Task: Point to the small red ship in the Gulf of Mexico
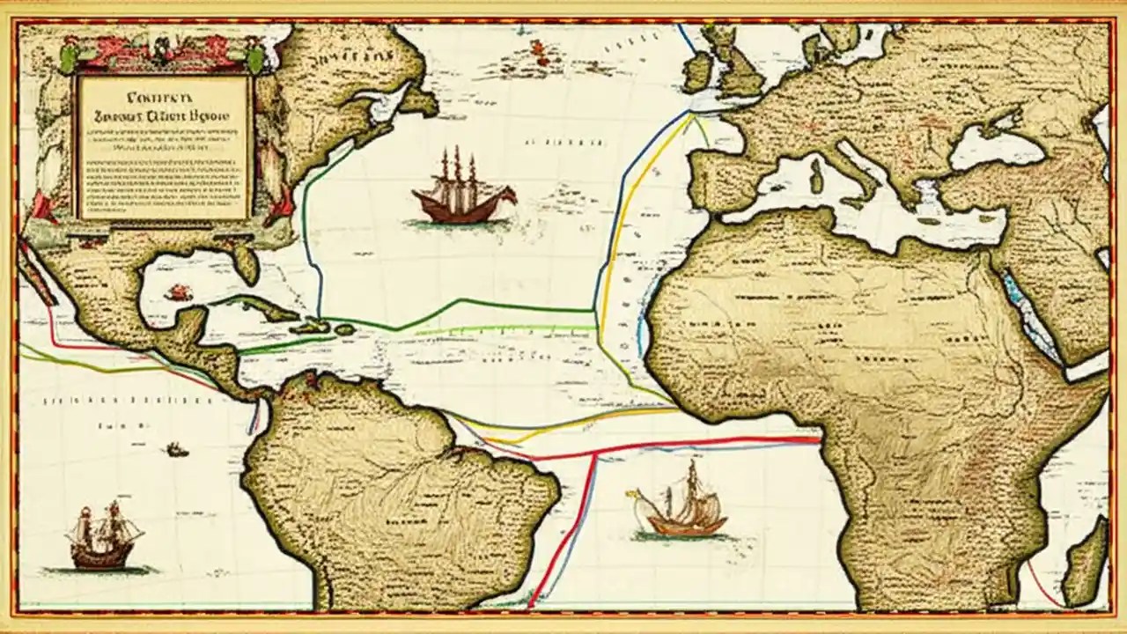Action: [x=179, y=292]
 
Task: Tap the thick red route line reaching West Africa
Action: [x=704, y=444]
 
